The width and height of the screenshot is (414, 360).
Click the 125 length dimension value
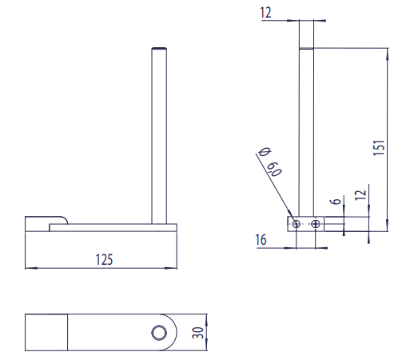[x=104, y=258]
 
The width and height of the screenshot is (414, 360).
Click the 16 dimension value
[x=261, y=238]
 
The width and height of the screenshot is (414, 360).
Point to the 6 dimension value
[x=336, y=202]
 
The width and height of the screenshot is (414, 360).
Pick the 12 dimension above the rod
[x=266, y=11]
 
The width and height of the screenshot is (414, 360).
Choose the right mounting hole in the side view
[x=316, y=223]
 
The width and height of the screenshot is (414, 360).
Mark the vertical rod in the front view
[x=159, y=136]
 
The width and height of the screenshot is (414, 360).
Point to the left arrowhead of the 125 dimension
[x=29, y=267]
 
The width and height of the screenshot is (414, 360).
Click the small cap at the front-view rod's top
[x=159, y=50]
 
